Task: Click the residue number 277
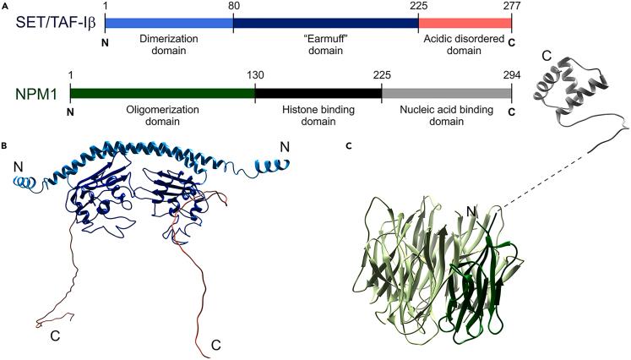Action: [x=510, y=7]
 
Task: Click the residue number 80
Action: [x=233, y=7]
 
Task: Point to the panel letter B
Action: [x=5, y=145]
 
